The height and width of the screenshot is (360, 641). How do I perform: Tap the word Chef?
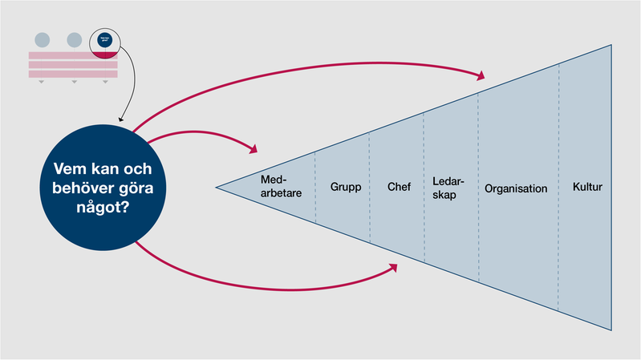[399, 188]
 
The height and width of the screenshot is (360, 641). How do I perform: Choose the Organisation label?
[516, 189]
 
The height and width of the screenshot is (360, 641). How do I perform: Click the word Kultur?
[587, 188]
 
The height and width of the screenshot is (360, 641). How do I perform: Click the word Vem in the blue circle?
[67, 169]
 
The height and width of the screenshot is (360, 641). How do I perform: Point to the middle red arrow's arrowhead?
[254, 149]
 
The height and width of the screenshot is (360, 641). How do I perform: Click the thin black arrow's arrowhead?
[120, 119]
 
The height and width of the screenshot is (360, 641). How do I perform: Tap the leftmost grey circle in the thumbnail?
[42, 38]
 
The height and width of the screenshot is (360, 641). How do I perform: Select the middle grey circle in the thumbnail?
[74, 38]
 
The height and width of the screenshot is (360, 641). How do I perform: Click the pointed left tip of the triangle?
[217, 188]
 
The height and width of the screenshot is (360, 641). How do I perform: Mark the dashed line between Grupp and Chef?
[369, 188]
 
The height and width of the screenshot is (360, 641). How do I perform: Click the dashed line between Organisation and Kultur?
[558, 188]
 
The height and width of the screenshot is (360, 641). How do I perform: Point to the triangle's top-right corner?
[612, 45]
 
